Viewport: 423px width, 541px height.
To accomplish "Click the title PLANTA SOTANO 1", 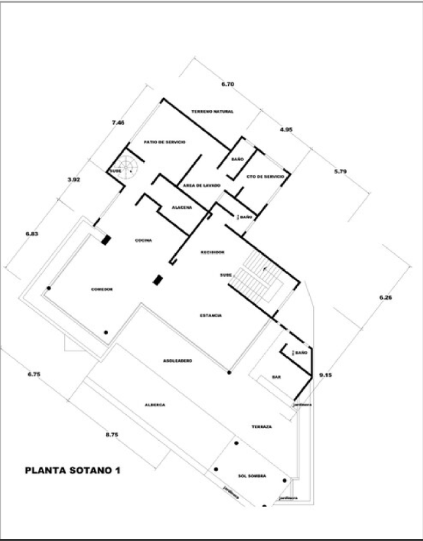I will coord(72,470).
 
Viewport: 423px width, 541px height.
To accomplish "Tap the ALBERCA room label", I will coord(155,405).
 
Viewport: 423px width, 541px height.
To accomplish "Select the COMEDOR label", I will coord(103,289).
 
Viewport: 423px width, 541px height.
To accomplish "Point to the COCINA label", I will coord(144,240).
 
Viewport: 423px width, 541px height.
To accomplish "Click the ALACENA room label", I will coord(182,207).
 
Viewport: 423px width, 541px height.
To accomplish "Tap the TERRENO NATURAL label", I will coord(212,112).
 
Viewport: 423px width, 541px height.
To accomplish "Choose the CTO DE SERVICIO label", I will coord(265,177).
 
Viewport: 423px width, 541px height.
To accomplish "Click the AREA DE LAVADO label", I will coord(202,186).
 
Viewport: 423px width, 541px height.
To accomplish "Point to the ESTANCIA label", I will coord(211,315).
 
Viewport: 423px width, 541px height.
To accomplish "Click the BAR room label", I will coord(276,377).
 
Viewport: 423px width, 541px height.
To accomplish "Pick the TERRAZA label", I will coord(262,427).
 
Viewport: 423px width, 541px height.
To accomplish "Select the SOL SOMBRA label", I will coord(252,476).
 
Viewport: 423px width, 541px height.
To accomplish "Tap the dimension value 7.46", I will coord(118,122).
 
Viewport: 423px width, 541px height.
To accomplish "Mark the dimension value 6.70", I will coord(228,84).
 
